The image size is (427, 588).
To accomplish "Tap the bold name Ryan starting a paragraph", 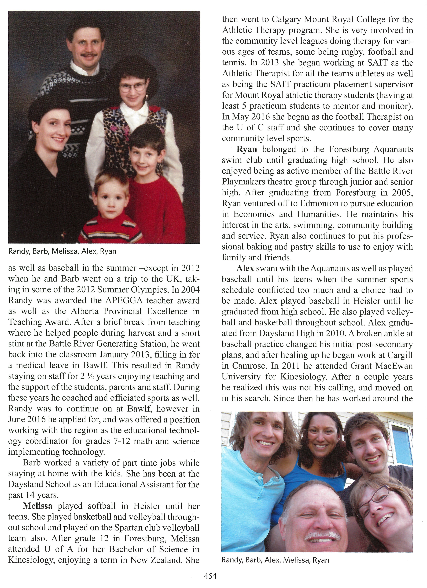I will [x=247, y=149].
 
